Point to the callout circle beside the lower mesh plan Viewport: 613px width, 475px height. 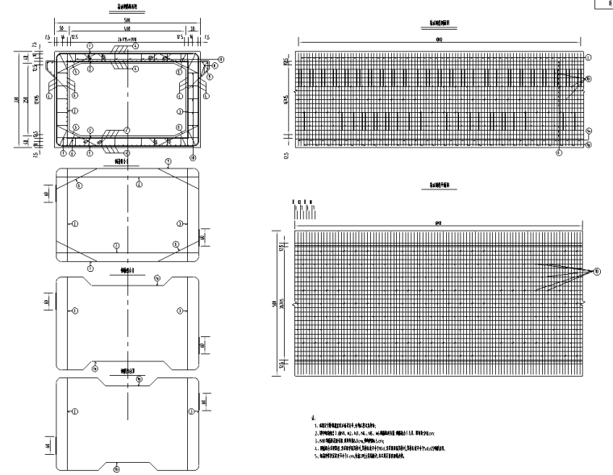pos(596,272)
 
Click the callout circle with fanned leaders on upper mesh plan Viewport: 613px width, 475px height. pos(588,79)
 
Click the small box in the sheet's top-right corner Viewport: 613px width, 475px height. pos(604,4)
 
